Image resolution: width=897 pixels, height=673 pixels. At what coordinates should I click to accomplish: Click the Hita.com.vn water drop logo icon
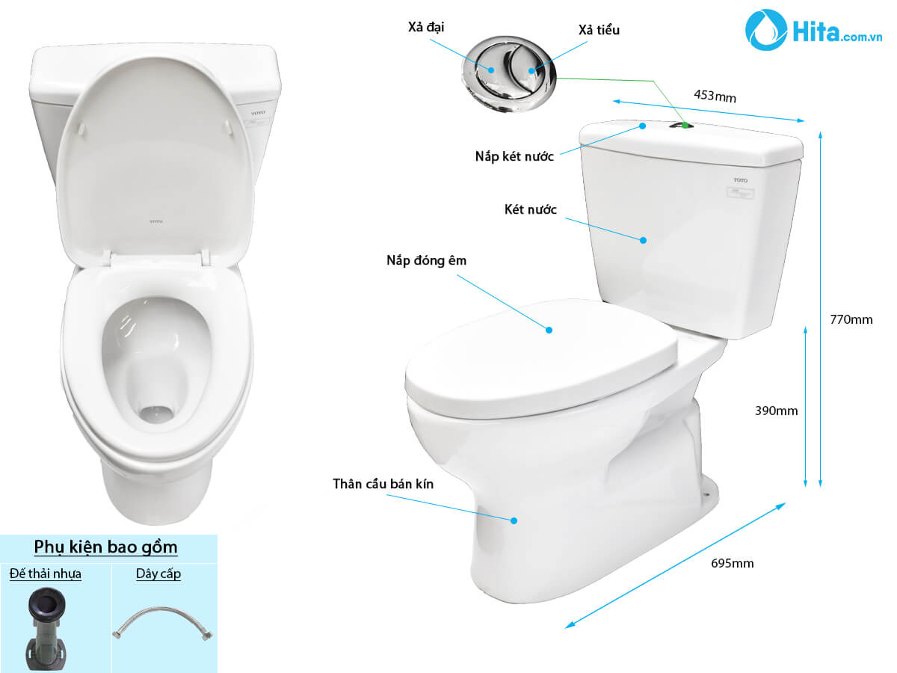coord(766,30)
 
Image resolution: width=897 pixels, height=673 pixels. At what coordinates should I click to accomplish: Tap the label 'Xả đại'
coord(426,28)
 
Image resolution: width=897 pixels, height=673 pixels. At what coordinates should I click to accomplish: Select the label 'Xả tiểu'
coord(599,30)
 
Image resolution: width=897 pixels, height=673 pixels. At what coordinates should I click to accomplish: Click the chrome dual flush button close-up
coord(509,73)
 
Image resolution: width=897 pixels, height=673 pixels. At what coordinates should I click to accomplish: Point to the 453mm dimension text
coord(715,96)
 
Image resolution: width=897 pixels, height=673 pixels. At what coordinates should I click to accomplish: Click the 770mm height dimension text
coord(851,319)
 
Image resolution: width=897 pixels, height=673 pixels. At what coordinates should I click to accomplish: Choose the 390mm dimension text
coord(776,411)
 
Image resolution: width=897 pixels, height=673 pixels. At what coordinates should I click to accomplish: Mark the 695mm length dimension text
coord(733,564)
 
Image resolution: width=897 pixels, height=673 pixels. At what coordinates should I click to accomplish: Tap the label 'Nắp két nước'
coord(514,156)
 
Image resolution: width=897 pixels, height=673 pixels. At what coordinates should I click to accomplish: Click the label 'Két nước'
coord(531,209)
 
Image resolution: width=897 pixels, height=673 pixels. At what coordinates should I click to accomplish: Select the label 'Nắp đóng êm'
coord(426,260)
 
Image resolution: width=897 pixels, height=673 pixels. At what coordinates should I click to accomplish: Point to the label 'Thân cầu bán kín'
coord(383,484)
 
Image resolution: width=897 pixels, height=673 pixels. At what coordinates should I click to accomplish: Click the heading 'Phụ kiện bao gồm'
coord(105,547)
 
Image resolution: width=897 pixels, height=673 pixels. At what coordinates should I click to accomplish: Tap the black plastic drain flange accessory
coord(46,630)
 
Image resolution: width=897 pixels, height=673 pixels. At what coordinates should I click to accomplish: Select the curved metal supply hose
coord(163,623)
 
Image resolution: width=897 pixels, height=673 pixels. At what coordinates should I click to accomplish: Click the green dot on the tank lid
coord(685,126)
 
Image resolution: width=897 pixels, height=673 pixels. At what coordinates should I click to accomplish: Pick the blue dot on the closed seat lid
coord(549,330)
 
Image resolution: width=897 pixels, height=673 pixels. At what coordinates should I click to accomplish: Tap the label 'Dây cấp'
coord(158,574)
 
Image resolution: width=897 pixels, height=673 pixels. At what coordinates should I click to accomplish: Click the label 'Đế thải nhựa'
coord(46,574)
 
